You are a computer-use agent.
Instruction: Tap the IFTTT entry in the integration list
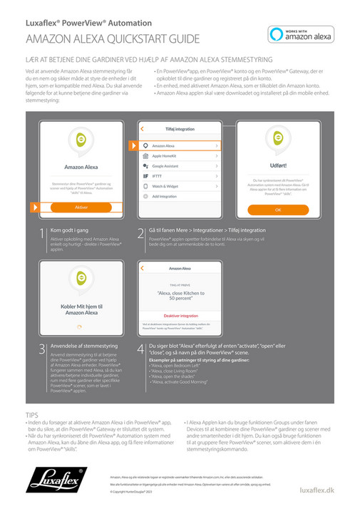180,175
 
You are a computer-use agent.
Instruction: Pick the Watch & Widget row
180,185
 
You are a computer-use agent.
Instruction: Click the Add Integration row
180,195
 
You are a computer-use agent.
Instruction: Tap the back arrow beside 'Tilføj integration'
143,128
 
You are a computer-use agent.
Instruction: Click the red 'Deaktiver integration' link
180,315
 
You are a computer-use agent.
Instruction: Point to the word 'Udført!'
278,165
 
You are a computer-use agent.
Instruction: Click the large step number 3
42,349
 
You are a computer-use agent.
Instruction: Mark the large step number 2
140,234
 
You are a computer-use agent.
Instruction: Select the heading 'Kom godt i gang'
70,230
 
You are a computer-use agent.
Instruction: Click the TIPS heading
32,413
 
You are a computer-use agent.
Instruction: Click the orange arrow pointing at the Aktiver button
34,207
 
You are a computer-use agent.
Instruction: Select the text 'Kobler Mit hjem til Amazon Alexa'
81,309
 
